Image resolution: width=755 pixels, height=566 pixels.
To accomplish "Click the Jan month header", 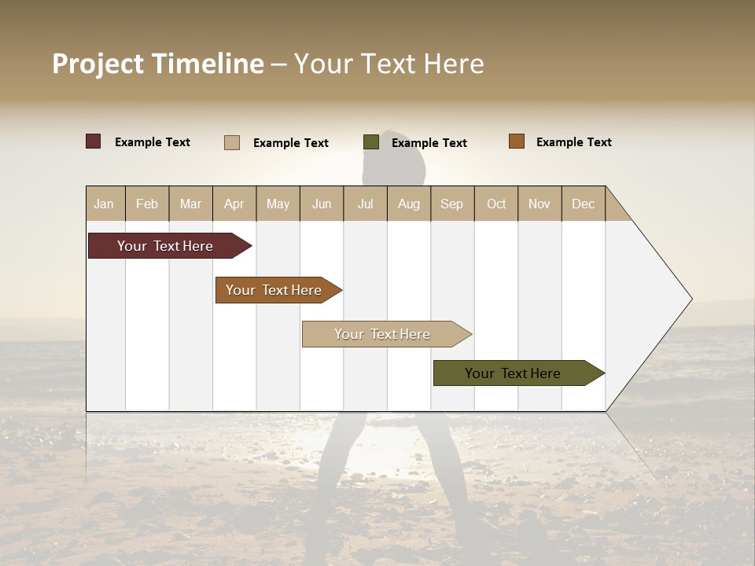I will (105, 204).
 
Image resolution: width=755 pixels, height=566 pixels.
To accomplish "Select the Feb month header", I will (147, 204).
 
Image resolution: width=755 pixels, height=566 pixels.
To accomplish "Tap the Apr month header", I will (234, 204).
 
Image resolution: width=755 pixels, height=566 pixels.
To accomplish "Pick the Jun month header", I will (322, 204).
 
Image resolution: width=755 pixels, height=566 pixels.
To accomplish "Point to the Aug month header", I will (409, 204).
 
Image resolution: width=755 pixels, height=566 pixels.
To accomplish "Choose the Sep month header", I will (452, 204).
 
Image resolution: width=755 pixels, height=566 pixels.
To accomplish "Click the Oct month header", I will (496, 204).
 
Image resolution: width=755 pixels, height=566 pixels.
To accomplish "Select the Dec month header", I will (584, 204).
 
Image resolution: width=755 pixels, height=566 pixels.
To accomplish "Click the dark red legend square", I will (94, 141).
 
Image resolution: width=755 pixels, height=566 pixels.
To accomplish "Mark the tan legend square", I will (232, 142).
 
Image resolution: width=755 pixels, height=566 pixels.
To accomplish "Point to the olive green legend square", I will (371, 142).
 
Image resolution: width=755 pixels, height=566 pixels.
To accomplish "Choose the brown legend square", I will (517, 141).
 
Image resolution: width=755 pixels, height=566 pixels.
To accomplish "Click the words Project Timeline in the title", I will (158, 64).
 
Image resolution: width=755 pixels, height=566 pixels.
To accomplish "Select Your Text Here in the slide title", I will (389, 64).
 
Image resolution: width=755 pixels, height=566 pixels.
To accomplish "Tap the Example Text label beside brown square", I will (574, 142).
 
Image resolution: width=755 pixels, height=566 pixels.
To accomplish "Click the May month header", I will (278, 204).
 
